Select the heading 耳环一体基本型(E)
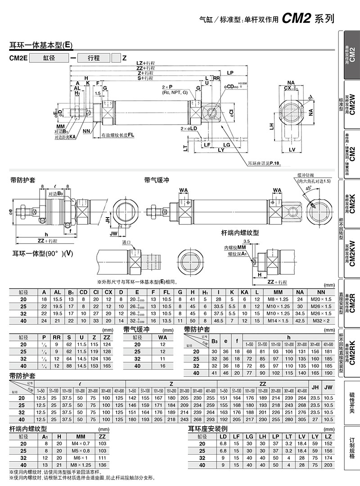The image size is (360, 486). pyautogui.click(x=41, y=45)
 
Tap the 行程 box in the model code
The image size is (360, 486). pyautogui.click(x=94, y=58)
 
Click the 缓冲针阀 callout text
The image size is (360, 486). pyautogui.click(x=304, y=175)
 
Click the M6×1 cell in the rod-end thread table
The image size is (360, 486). pyautogui.click(x=81, y=458)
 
